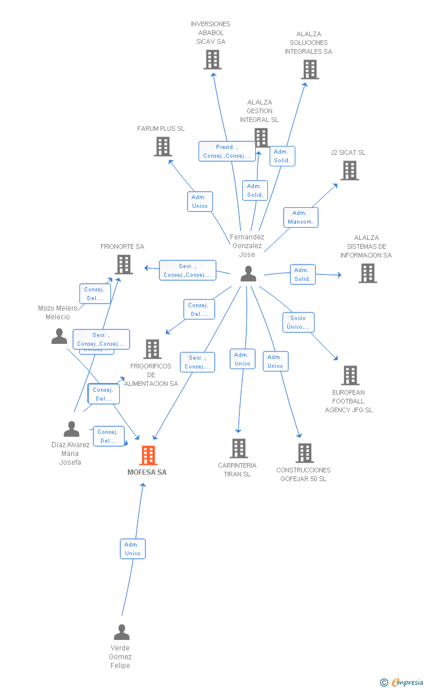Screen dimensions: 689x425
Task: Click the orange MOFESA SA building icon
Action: pyautogui.click(x=148, y=455)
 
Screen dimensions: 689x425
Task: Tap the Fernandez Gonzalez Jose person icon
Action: pyautogui.click(x=248, y=273)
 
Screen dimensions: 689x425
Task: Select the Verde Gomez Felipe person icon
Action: pyautogui.click(x=121, y=632)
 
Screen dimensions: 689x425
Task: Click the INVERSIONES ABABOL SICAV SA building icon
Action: pyautogui.click(x=212, y=60)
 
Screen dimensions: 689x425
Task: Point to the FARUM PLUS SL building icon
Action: pyautogui.click(x=163, y=147)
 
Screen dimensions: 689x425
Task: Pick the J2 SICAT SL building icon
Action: pyautogui.click(x=350, y=170)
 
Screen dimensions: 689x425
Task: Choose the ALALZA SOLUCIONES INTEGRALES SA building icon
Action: pyautogui.click(x=310, y=69)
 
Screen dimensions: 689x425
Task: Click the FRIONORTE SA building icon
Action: pyautogui.click(x=124, y=265)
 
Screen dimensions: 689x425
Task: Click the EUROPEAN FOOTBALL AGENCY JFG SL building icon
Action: pyautogui.click(x=350, y=375)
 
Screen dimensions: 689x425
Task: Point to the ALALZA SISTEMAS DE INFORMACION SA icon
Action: pyautogui.click(x=368, y=273)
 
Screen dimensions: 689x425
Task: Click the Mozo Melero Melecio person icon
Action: pyautogui.click(x=59, y=336)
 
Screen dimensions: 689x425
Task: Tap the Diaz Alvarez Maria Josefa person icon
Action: pyautogui.click(x=71, y=429)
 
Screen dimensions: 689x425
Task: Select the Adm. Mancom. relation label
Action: pyautogui.click(x=301, y=217)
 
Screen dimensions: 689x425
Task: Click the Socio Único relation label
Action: pyautogui.click(x=298, y=322)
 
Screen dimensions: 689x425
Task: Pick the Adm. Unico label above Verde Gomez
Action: pyautogui.click(x=133, y=549)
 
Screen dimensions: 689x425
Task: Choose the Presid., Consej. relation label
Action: pyautogui.click(x=227, y=151)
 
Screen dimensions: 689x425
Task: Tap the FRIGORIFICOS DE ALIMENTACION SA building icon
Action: pyautogui.click(x=152, y=349)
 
